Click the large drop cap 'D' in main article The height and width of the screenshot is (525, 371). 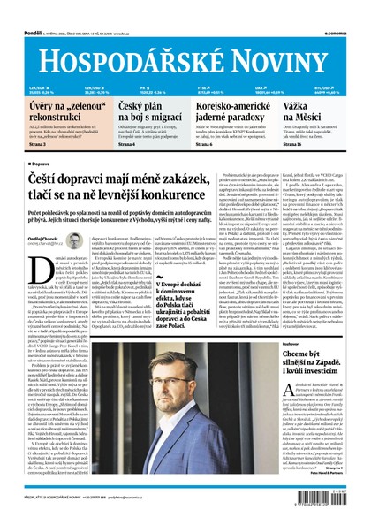34,266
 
